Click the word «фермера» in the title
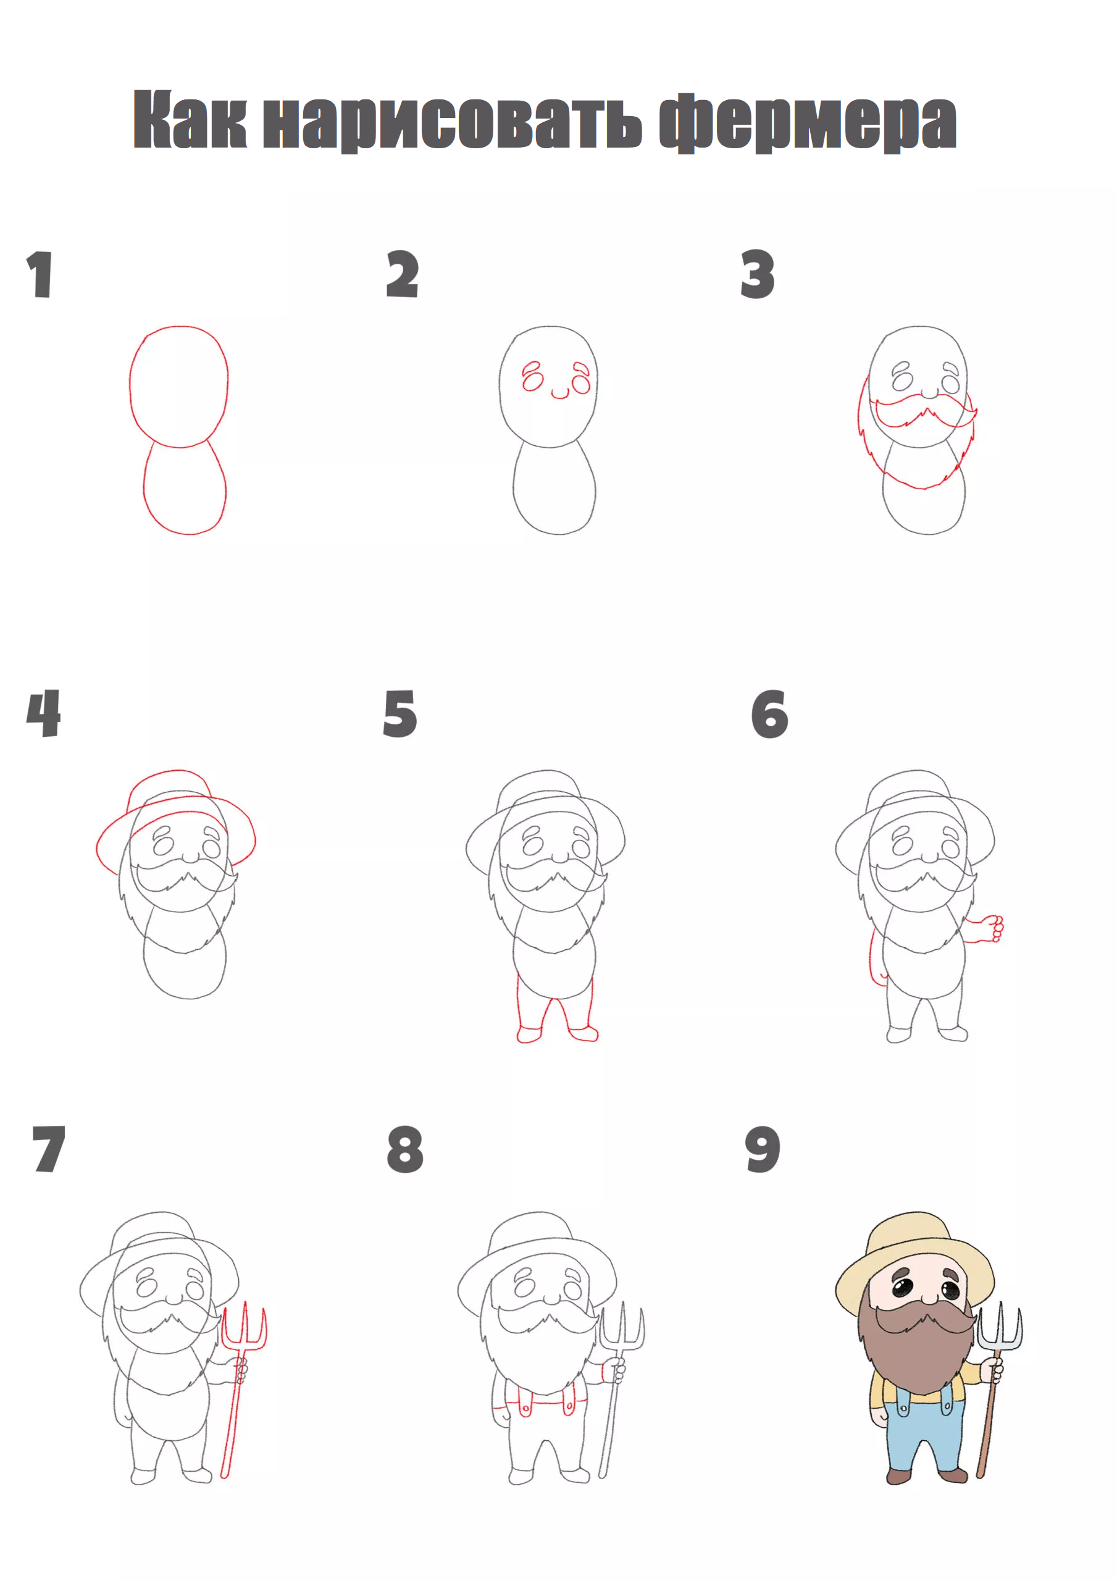point(807,121)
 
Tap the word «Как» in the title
point(190,120)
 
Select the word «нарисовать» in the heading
point(453,122)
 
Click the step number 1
point(40,274)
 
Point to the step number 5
point(400,713)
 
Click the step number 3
point(758,274)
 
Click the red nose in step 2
point(560,394)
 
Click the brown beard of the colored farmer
point(916,1349)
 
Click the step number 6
point(769,714)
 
